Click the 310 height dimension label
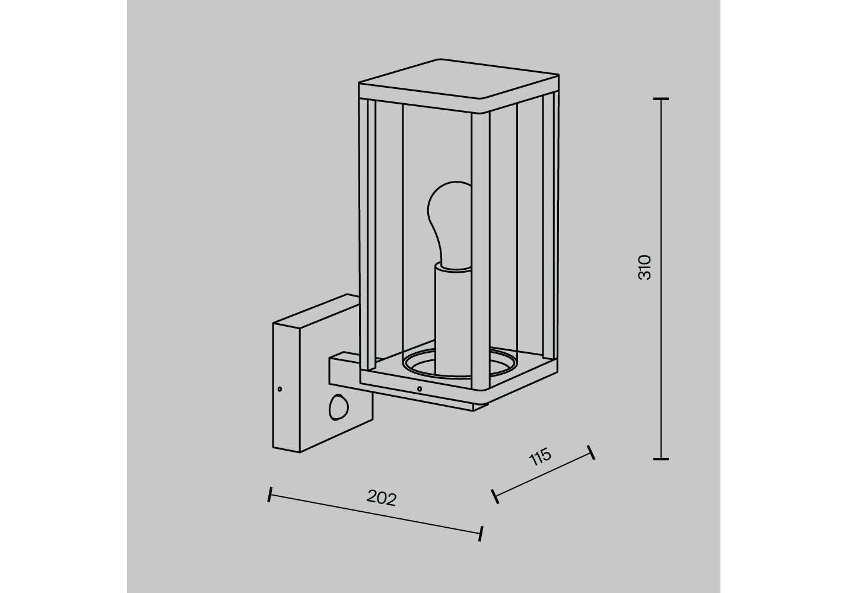coord(644,267)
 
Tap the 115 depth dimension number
coord(540,457)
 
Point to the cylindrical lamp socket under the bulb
coord(453,321)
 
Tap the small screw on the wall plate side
coord(280,389)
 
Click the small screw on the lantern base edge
coord(419,389)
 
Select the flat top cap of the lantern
coord(459,85)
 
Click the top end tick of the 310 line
coord(661,99)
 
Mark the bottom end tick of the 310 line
coord(661,459)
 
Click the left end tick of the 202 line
coord(270,495)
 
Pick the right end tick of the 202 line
coord(481,534)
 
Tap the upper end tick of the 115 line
coord(591,452)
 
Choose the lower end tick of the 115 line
coord(495,496)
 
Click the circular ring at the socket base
coord(460,365)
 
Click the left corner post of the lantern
coord(367,234)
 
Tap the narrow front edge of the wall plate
coord(286,388)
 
